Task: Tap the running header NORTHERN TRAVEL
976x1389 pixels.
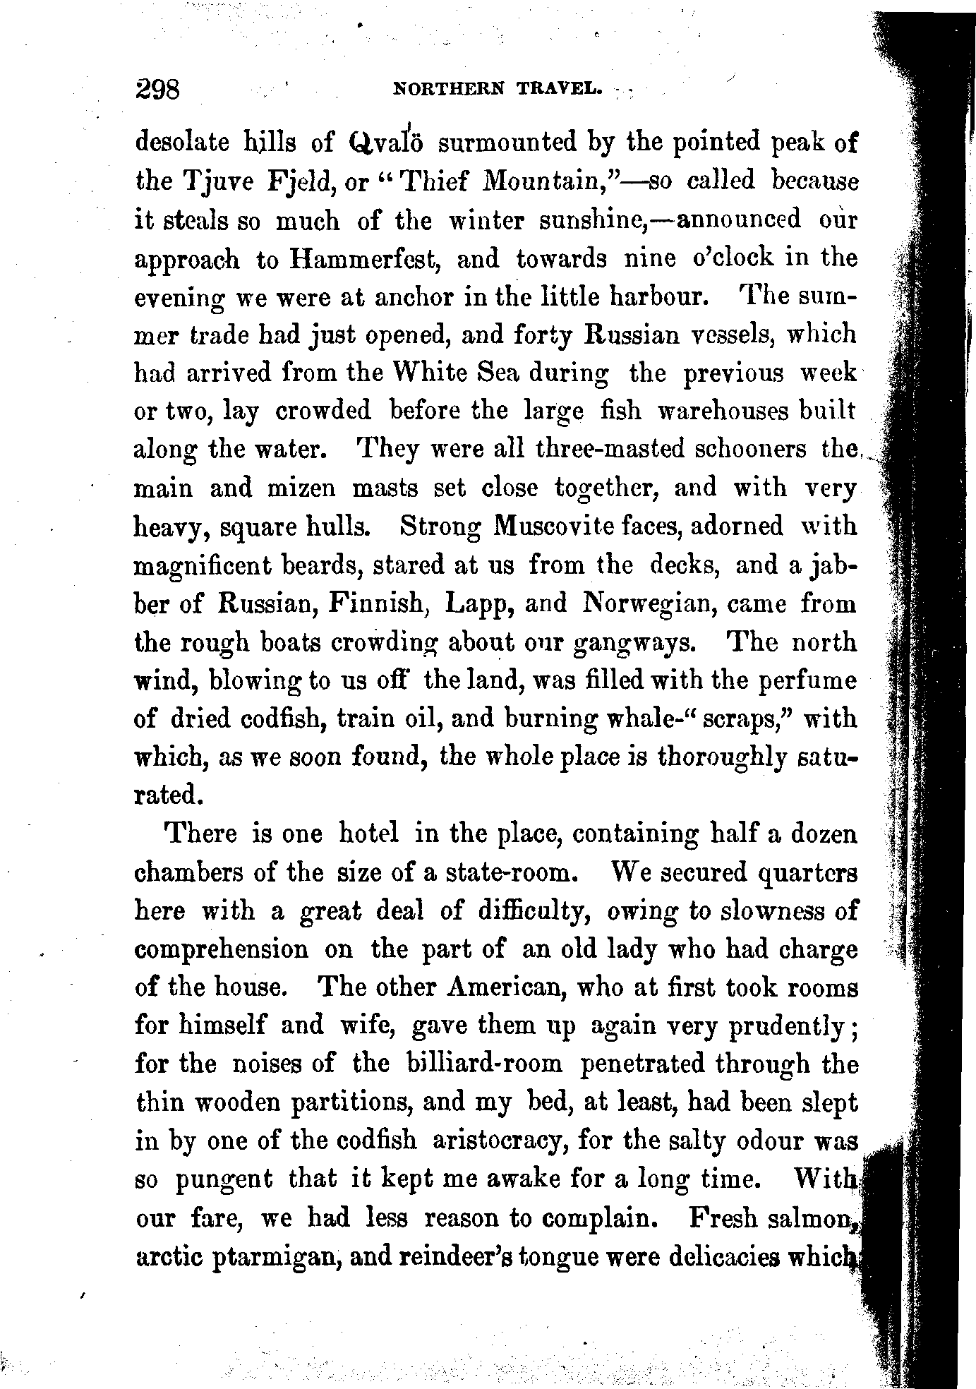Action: tap(498, 90)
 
